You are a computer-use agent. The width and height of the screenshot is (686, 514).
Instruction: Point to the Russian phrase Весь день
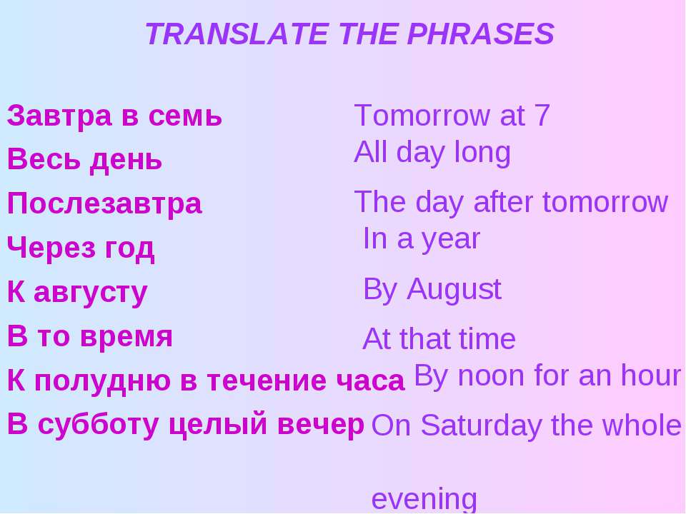[x=84, y=160]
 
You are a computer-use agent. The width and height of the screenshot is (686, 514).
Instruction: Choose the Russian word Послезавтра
[x=104, y=204]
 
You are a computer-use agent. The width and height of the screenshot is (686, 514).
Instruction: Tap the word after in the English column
[x=504, y=203]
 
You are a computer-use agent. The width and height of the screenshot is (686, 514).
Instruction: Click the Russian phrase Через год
[x=80, y=248]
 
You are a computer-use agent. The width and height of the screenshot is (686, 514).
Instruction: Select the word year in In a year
[x=450, y=239]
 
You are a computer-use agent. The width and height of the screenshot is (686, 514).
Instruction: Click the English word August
[x=454, y=290]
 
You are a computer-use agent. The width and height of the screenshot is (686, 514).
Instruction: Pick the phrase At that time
[x=439, y=340]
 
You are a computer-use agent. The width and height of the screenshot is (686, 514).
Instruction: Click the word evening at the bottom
[x=424, y=499]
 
